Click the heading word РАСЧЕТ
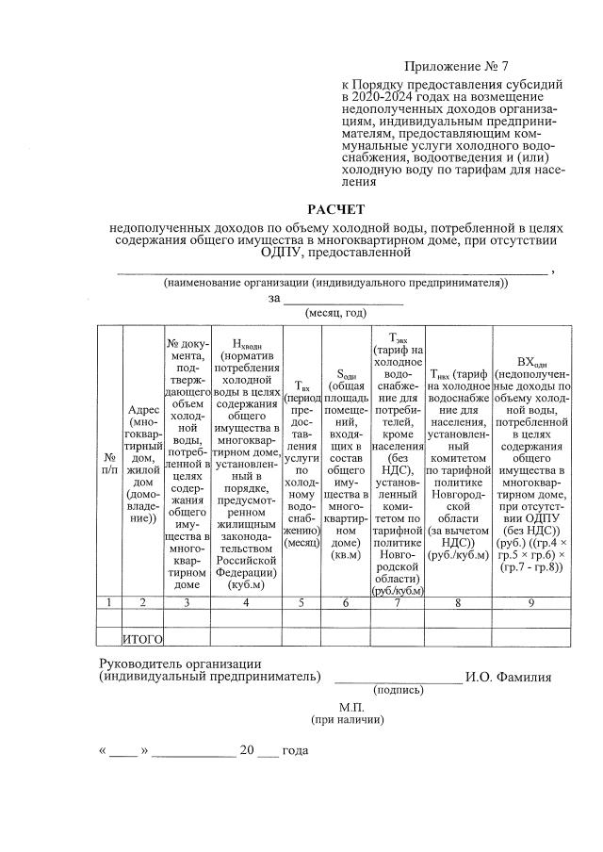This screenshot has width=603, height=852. [x=336, y=209]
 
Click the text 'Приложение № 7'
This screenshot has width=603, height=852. [x=455, y=66]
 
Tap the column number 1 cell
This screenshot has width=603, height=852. [x=109, y=602]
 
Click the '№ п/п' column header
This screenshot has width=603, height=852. [x=109, y=462]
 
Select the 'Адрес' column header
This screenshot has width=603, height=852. [x=142, y=462]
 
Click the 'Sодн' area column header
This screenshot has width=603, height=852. [x=346, y=462]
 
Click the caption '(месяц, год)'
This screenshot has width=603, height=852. [x=335, y=313]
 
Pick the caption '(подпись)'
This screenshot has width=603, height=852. [x=399, y=690]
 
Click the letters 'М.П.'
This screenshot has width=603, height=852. [x=350, y=706]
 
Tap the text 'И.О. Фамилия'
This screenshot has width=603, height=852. [x=508, y=676]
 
